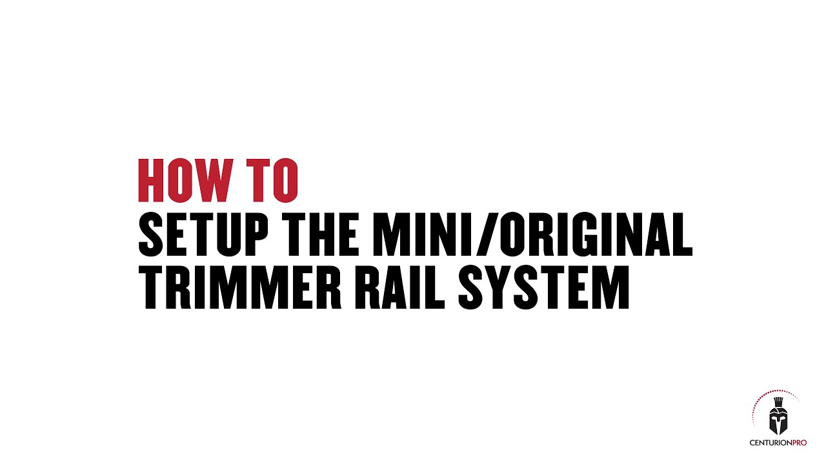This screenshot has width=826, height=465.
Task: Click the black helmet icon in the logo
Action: coord(778,420)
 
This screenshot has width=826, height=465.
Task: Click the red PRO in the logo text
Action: coord(798,442)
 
